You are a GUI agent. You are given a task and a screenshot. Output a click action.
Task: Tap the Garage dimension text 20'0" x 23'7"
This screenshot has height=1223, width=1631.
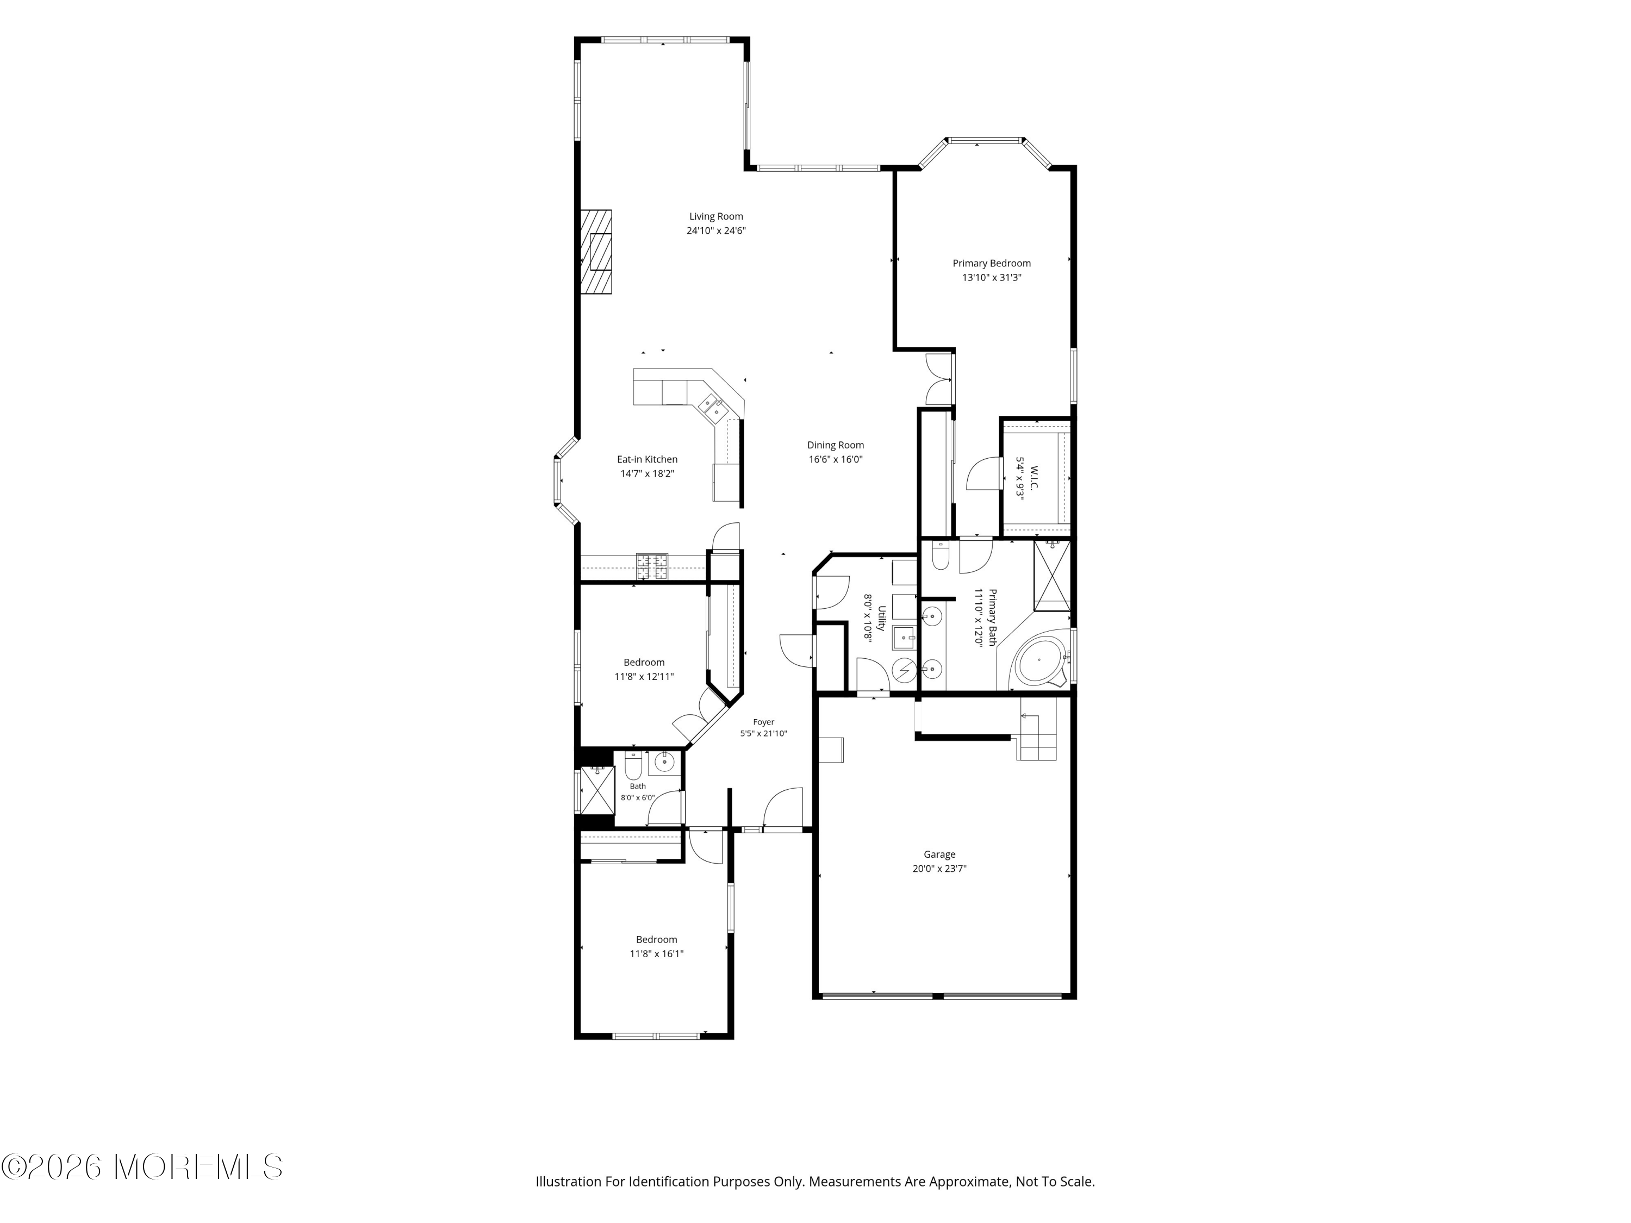tap(939, 869)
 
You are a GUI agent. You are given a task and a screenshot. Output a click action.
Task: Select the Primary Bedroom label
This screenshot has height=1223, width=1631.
tap(992, 263)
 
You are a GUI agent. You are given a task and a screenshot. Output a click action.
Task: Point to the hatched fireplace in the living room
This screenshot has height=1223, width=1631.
tap(596, 252)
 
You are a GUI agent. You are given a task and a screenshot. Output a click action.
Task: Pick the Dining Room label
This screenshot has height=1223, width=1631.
tap(836, 445)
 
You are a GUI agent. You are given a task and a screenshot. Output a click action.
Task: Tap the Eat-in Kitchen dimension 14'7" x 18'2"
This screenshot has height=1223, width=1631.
tap(648, 474)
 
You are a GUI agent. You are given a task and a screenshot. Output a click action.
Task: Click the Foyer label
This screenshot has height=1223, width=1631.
tap(764, 722)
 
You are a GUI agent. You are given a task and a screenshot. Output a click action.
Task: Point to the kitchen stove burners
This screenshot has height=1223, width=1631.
tap(652, 567)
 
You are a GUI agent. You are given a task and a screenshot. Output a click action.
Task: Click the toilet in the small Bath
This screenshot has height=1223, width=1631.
tap(633, 766)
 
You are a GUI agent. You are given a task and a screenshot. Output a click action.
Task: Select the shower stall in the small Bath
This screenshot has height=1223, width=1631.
tap(597, 790)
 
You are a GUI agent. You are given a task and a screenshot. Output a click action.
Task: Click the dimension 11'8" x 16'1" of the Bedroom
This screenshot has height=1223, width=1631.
tap(656, 954)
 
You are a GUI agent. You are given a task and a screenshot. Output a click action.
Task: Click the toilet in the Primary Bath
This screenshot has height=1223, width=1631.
tap(940, 557)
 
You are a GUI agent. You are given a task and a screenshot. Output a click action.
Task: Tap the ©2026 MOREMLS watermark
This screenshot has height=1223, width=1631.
tap(141, 1166)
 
